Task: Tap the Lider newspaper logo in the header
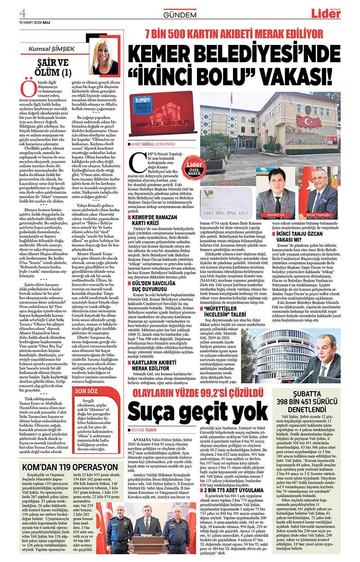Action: [x=329, y=13]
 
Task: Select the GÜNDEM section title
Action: [x=180, y=15]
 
